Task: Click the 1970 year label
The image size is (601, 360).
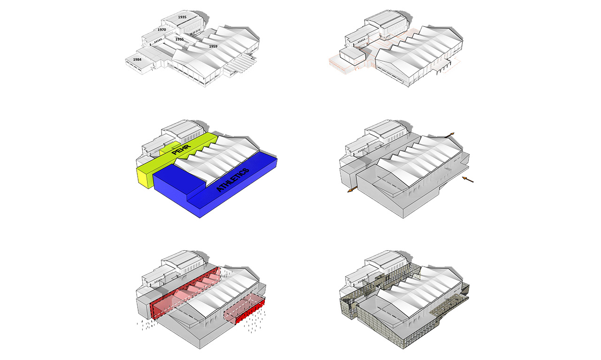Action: point(162,30)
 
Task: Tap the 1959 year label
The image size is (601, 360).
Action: point(213,46)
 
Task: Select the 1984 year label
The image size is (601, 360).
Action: point(137,60)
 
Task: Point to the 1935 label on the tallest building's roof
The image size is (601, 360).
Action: point(182,17)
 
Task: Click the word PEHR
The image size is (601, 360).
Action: point(181,150)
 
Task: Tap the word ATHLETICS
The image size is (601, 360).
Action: point(232,180)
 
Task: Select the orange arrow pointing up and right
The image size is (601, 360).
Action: point(449,135)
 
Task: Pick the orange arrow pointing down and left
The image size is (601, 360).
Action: point(352,190)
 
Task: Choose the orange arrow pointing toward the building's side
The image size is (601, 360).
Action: point(468,179)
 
